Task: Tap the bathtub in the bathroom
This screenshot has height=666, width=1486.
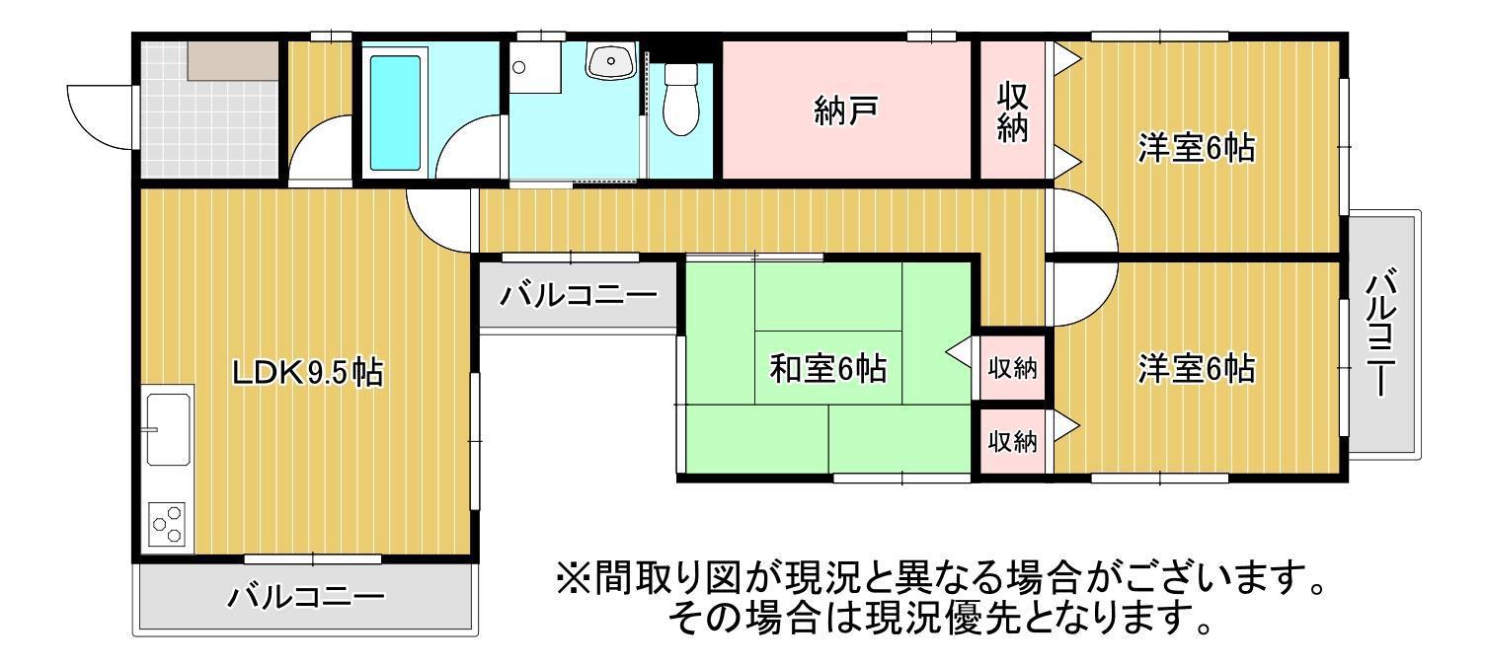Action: point(395,112)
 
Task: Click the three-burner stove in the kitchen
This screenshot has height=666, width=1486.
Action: point(167,524)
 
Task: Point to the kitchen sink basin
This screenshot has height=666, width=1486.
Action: point(169,429)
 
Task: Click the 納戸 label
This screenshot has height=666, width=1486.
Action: point(846,111)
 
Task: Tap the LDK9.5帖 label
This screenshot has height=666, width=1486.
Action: point(307,372)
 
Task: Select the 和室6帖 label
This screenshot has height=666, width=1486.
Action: point(827,368)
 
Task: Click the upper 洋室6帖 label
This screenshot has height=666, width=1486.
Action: point(1196,148)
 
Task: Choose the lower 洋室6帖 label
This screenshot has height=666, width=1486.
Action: point(1196,368)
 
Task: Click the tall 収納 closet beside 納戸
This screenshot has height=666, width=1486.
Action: point(1012,111)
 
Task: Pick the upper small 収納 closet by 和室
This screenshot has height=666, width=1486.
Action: point(1012,368)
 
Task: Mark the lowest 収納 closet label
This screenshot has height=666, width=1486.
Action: point(1012,441)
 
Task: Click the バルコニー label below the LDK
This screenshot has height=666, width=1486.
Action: point(306,596)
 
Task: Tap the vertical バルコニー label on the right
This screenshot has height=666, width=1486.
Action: point(1381,332)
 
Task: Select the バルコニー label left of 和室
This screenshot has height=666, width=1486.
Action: point(579,295)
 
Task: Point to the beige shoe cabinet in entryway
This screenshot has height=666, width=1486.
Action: point(232,61)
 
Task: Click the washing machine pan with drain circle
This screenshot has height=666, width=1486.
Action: point(536,67)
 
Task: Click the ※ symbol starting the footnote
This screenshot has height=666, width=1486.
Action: point(573,578)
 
